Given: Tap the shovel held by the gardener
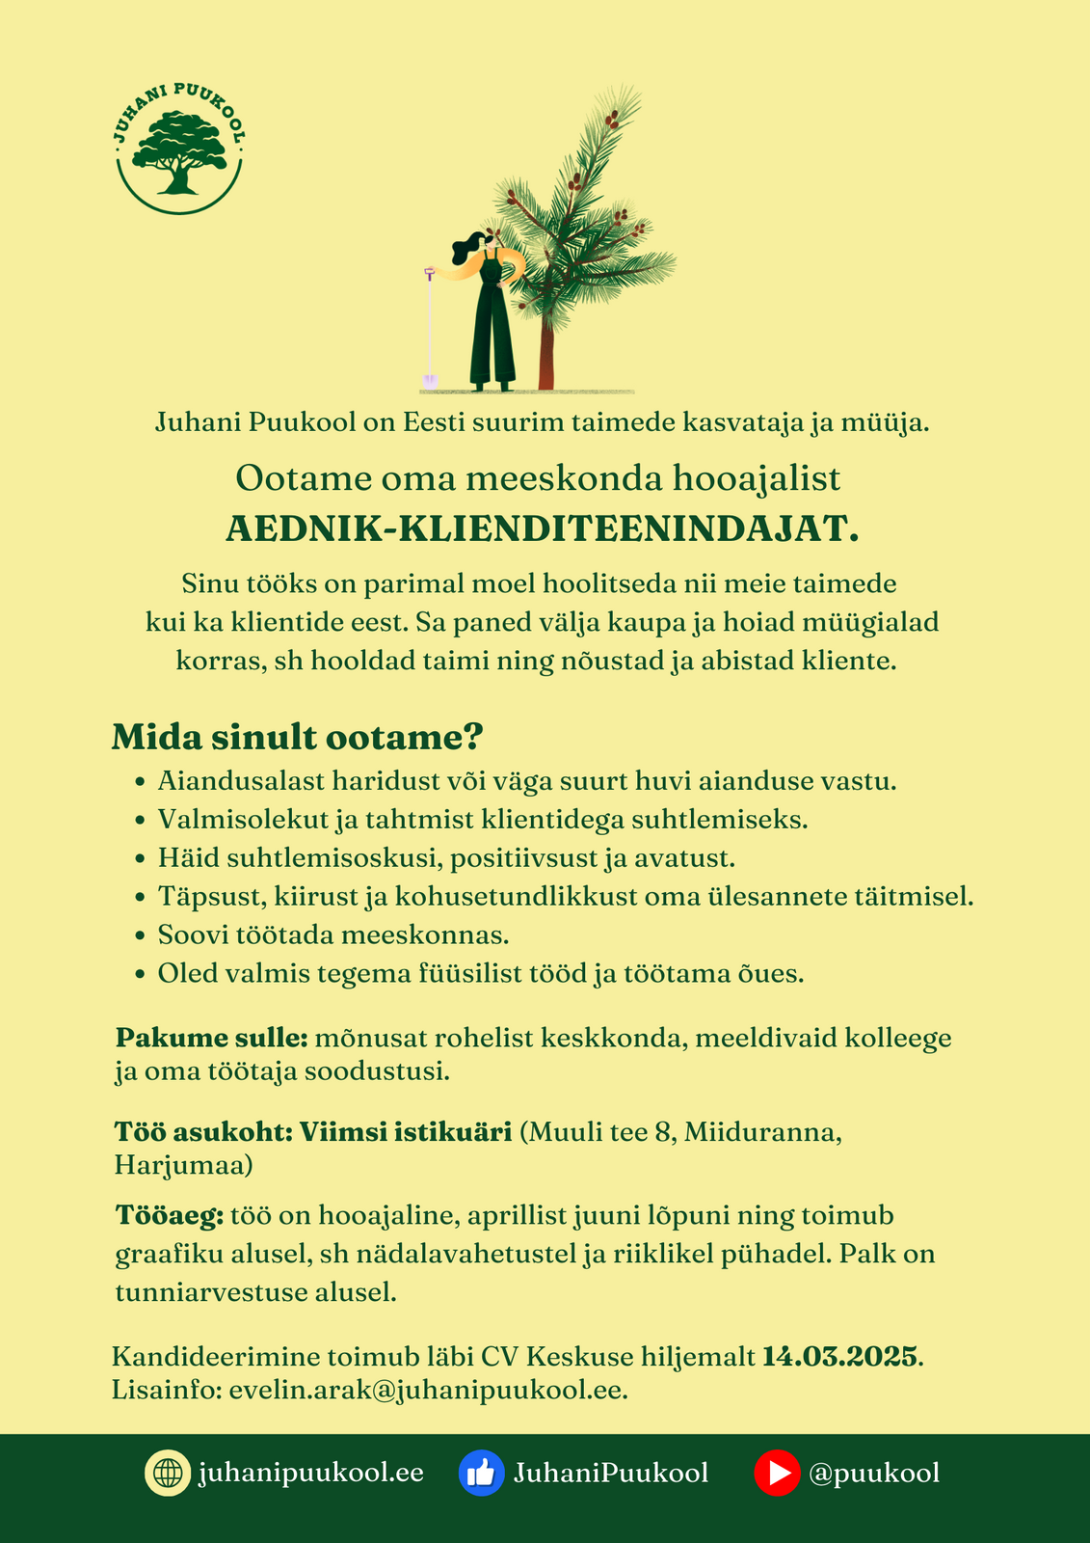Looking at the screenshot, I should pos(429,328).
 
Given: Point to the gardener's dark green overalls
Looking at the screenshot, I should pos(492,328).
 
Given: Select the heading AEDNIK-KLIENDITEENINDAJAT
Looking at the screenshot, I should pos(542,528).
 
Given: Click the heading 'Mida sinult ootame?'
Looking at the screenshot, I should pos(297,737).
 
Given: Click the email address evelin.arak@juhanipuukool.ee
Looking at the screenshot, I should pos(428,1391).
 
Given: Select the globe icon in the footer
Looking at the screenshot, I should pos(168,1474).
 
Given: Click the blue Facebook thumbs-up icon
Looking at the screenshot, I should pos(482,1474).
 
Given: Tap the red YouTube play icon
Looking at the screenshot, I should pos(777,1474).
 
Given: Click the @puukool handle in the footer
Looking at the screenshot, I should pos(875,1474).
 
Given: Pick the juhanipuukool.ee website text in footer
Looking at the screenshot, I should pos(311,1474).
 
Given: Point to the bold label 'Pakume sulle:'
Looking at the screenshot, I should pos(211,1039).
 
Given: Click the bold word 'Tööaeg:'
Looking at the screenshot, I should pos(170,1215).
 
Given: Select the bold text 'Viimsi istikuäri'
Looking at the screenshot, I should pos(405,1131).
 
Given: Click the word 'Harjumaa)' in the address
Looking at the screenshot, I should pos(184,1165).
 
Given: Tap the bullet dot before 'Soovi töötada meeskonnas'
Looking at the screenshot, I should pos(141,935).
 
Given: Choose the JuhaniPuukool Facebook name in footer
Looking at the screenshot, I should pos(611,1474).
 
